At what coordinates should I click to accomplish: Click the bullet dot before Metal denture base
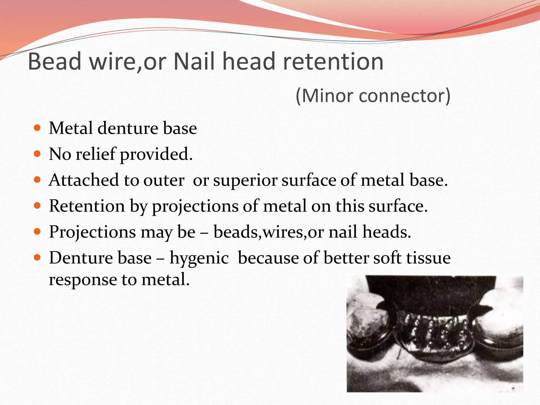37,128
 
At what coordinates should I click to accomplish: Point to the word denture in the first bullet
128,128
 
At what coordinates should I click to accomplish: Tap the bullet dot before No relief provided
37,154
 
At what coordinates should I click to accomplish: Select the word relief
96,154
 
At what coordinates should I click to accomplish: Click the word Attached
84,180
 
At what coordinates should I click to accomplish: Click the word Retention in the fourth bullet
87,206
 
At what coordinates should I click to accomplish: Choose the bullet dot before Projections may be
37,232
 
